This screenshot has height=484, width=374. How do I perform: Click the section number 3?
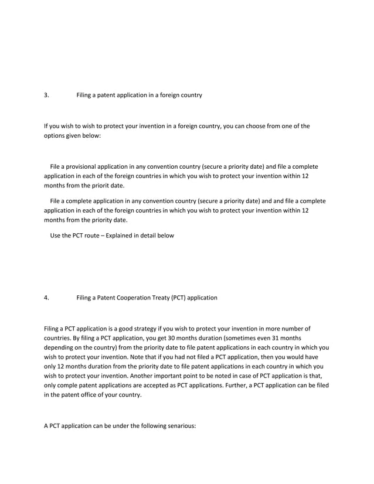click(x=46, y=95)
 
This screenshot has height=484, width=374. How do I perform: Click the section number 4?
click(x=46, y=298)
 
